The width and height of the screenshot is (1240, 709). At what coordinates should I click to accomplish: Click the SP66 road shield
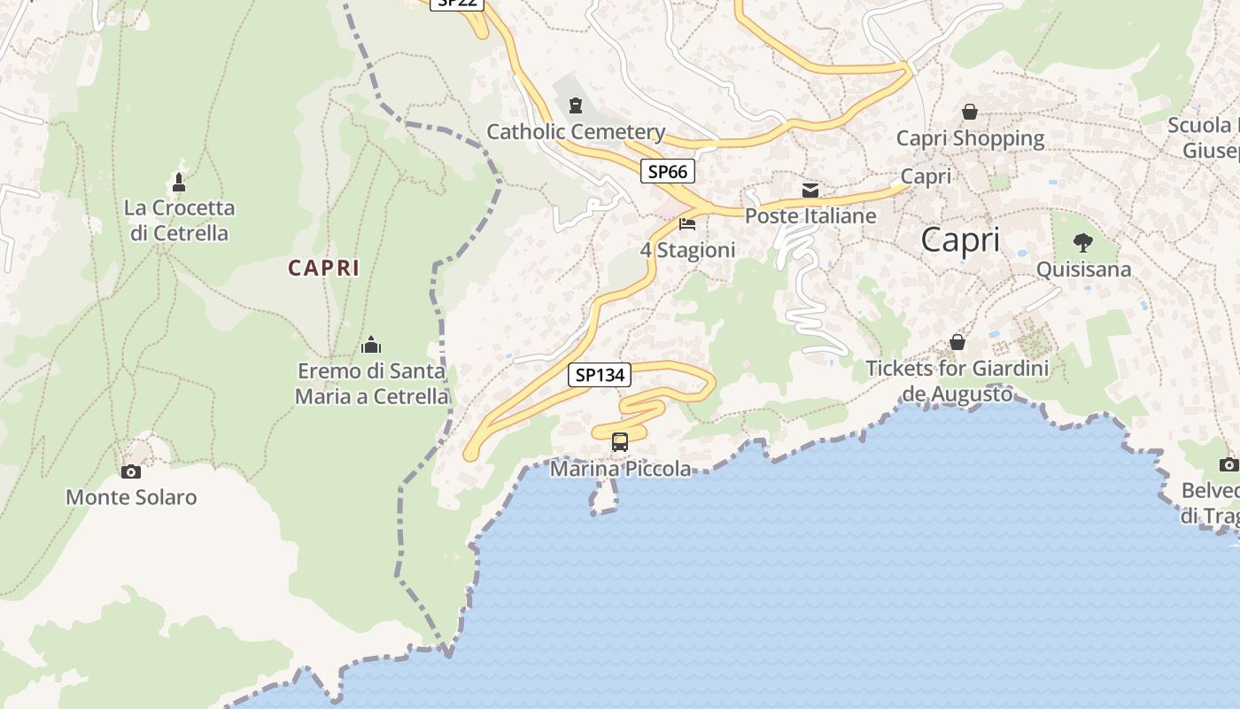click(667, 171)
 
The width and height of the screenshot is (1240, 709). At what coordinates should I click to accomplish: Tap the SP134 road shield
click(600, 375)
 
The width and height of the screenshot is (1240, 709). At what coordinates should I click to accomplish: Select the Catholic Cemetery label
click(576, 132)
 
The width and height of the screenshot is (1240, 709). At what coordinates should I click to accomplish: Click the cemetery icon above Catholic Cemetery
click(576, 106)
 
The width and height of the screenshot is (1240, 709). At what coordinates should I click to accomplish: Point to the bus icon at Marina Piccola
click(620, 441)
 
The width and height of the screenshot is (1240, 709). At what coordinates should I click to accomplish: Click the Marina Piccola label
click(620, 469)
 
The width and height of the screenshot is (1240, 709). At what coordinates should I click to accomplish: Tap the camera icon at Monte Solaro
click(131, 471)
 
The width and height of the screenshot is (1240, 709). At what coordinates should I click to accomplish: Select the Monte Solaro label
click(131, 497)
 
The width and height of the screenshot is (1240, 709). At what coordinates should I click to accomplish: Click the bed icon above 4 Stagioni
click(687, 224)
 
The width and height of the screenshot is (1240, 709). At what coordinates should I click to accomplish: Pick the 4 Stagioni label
click(687, 250)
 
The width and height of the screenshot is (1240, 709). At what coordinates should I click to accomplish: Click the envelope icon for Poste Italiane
click(810, 190)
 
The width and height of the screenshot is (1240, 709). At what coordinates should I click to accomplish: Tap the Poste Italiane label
click(810, 215)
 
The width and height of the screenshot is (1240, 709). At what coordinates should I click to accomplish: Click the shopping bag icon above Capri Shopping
click(970, 112)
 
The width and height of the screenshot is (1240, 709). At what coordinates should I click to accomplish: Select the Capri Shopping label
click(970, 138)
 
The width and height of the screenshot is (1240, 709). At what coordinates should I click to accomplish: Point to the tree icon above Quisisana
click(1082, 242)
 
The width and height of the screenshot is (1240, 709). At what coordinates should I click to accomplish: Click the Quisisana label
click(1083, 269)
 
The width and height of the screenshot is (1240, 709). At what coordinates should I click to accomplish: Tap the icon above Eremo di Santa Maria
click(371, 344)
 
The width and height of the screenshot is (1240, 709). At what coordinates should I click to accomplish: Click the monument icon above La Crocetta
click(179, 182)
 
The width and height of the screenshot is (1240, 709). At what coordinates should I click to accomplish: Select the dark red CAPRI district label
click(323, 268)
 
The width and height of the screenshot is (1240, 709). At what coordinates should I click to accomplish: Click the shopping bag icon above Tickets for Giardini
click(957, 341)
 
